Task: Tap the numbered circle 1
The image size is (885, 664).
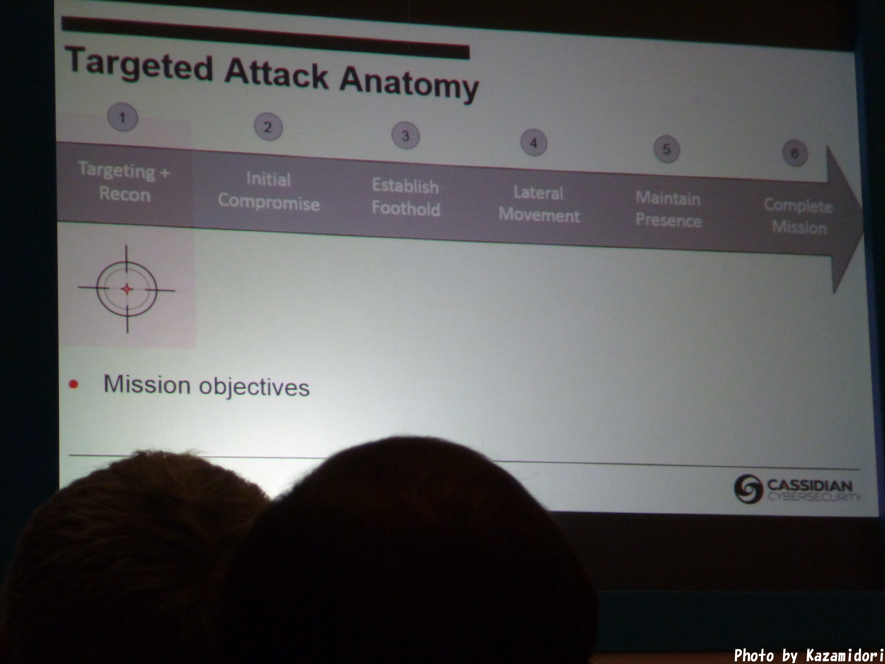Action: [122, 117]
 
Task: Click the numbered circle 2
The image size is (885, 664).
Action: [268, 127]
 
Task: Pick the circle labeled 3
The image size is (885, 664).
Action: [405, 135]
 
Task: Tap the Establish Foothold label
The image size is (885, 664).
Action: [406, 197]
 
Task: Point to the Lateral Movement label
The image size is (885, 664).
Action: [539, 204]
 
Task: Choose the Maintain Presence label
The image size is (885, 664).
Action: [669, 209]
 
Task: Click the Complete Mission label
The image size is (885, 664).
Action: [798, 216]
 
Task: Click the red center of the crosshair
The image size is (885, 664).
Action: [127, 289]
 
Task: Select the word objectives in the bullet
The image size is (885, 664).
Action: [254, 387]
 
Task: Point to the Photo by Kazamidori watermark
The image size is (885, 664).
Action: [808, 655]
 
